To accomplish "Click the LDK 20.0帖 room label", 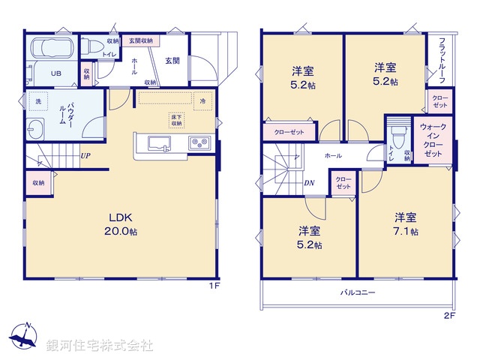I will tap(124, 223).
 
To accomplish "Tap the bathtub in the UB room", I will tap(52, 51).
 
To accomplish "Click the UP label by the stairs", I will tap(85, 157).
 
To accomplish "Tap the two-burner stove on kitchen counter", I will tap(199, 142).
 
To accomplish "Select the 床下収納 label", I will tap(176, 120).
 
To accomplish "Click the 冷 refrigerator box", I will tap(202, 100).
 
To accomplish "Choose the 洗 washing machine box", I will tap(37, 101).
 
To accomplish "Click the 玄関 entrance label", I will tap(172, 61).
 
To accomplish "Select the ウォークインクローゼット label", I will tap(433, 140).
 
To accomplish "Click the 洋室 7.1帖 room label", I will tap(406, 224).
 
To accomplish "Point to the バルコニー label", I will tap(358, 292).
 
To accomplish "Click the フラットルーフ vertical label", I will tap(442, 60).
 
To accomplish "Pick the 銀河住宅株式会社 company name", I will tap(99, 346).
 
